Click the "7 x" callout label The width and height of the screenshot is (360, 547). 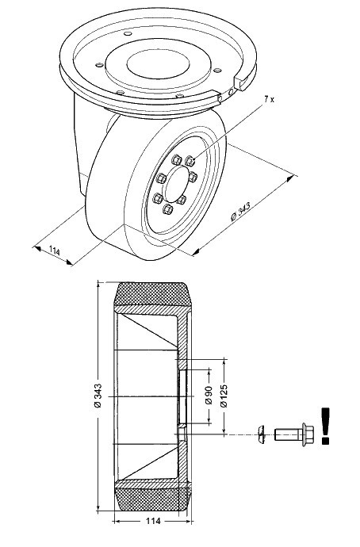pyautogui.click(x=269, y=99)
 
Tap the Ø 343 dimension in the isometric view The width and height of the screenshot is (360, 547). pyautogui.click(x=241, y=212)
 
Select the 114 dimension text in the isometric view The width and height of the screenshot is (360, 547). pyautogui.click(x=55, y=251)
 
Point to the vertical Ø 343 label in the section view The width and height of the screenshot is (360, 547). pyautogui.click(x=98, y=396)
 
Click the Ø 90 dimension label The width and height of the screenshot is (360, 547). pyautogui.click(x=209, y=395)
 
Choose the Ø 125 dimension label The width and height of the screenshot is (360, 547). pyautogui.click(x=224, y=396)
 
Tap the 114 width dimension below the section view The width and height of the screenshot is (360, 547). pyautogui.click(x=153, y=521)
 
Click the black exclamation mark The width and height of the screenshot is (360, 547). pyautogui.click(x=325, y=426)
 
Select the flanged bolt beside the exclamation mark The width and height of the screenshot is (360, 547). pyautogui.click(x=294, y=434)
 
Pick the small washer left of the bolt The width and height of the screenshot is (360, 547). pyautogui.click(x=261, y=434)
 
